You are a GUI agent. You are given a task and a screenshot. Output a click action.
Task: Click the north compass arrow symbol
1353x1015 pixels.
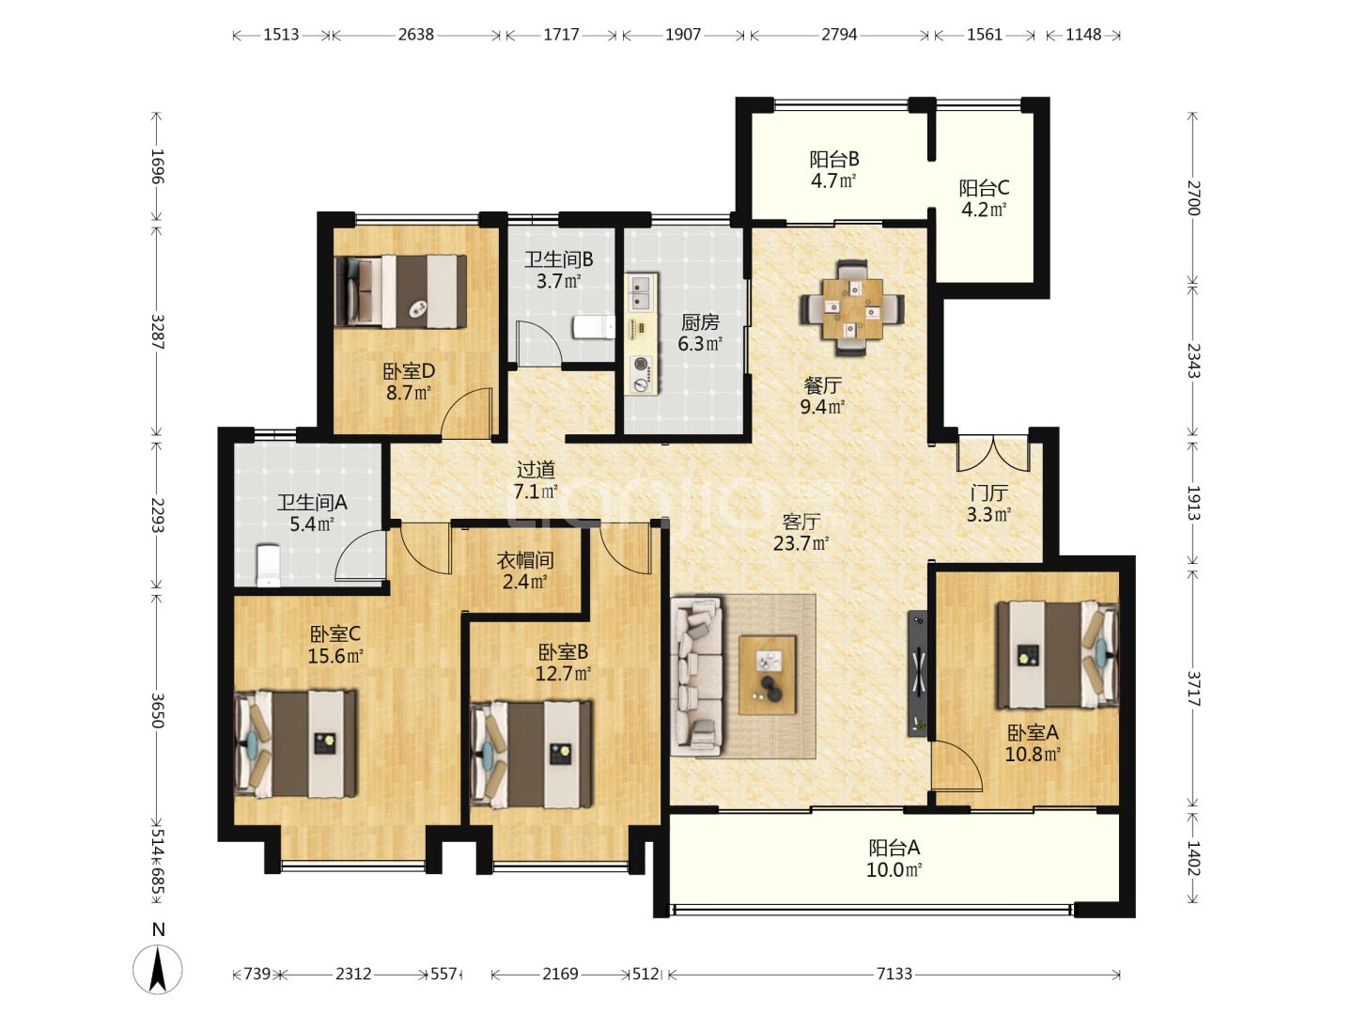(x=158, y=968)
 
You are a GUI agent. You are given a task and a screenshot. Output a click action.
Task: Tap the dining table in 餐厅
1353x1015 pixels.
(x=852, y=308)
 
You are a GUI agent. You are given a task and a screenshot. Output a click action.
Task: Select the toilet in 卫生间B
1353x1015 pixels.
(x=594, y=327)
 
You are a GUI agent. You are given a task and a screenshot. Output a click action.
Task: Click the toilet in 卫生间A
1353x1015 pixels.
(x=268, y=565)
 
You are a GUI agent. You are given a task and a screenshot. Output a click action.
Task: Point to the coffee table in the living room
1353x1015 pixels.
(x=768, y=676)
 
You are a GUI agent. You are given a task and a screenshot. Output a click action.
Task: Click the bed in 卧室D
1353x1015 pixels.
(x=400, y=291)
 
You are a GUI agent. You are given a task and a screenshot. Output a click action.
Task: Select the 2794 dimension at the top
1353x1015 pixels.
(x=839, y=35)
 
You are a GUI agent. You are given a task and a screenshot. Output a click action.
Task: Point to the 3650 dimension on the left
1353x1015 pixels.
(x=159, y=710)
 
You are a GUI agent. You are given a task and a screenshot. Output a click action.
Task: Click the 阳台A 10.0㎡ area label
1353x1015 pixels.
(x=894, y=859)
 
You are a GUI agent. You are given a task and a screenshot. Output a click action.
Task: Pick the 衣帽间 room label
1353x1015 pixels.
(x=525, y=560)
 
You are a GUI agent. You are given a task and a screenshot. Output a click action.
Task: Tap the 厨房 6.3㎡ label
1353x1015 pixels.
(x=700, y=333)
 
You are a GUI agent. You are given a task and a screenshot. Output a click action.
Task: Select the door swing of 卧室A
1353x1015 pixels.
(x=956, y=765)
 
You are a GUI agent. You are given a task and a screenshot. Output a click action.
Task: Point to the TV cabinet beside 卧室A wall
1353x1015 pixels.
(x=918, y=673)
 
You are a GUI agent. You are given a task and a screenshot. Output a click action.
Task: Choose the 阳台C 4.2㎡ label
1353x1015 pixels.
(x=984, y=198)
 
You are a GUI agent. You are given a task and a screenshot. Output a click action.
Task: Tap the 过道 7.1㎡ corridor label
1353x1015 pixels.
(x=536, y=480)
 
